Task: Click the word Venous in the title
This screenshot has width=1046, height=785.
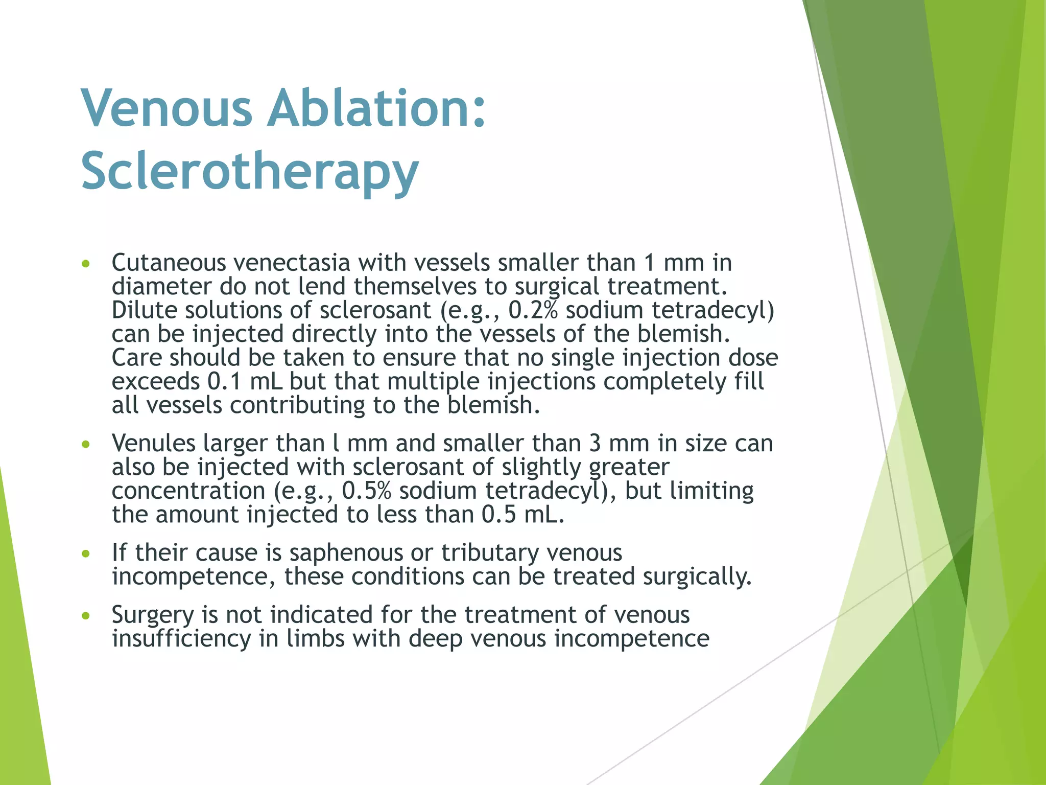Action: tap(167, 108)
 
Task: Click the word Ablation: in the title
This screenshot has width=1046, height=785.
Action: tap(376, 108)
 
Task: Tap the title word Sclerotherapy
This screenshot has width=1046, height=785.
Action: tap(250, 171)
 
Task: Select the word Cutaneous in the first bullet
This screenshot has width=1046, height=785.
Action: tap(169, 263)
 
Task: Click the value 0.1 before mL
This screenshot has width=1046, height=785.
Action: tap(225, 382)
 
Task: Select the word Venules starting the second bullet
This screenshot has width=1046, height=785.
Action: tap(153, 443)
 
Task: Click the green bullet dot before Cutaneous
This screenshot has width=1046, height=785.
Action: tap(86, 264)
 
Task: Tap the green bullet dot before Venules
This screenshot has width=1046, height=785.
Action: tap(86, 445)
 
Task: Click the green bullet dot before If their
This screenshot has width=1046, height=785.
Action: tap(86, 554)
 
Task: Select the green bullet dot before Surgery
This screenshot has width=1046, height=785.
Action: tap(86, 616)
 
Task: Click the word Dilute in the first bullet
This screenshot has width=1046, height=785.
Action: tap(144, 310)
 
